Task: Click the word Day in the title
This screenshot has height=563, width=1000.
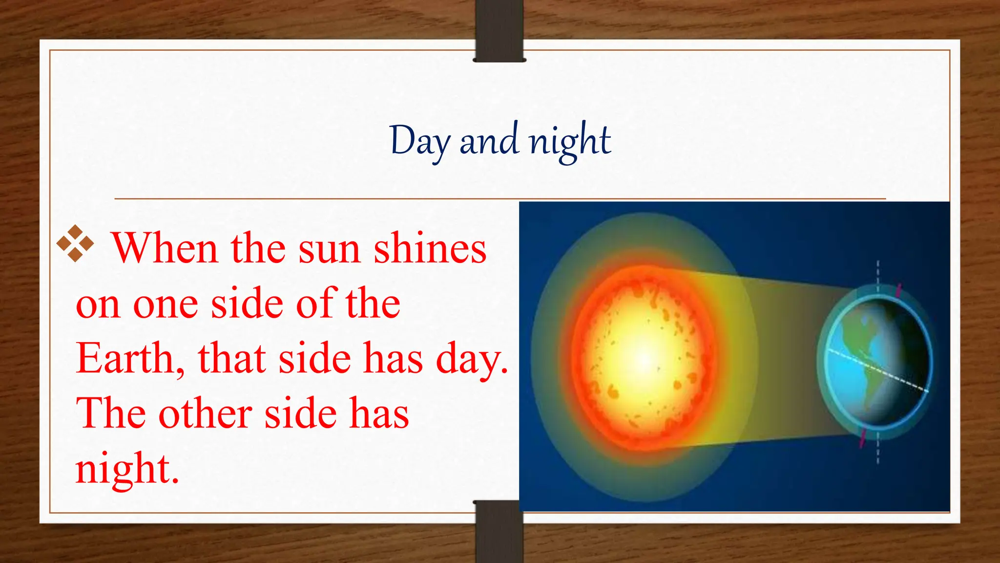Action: pos(419,141)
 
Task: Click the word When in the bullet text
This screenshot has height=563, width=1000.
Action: pos(165,248)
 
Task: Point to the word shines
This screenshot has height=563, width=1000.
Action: pos(430,248)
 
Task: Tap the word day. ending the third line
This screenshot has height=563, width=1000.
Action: pos(472,359)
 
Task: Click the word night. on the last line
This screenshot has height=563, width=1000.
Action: pos(127,469)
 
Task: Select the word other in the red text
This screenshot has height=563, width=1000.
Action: pos(205,414)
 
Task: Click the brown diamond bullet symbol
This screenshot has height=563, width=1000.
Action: pos(75,243)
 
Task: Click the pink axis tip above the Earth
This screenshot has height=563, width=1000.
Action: pos(898,289)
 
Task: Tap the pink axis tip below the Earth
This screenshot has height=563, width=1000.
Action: pos(863,438)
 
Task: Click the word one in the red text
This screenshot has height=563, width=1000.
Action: pos(165,304)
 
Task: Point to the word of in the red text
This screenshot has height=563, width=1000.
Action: pos(317,303)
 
